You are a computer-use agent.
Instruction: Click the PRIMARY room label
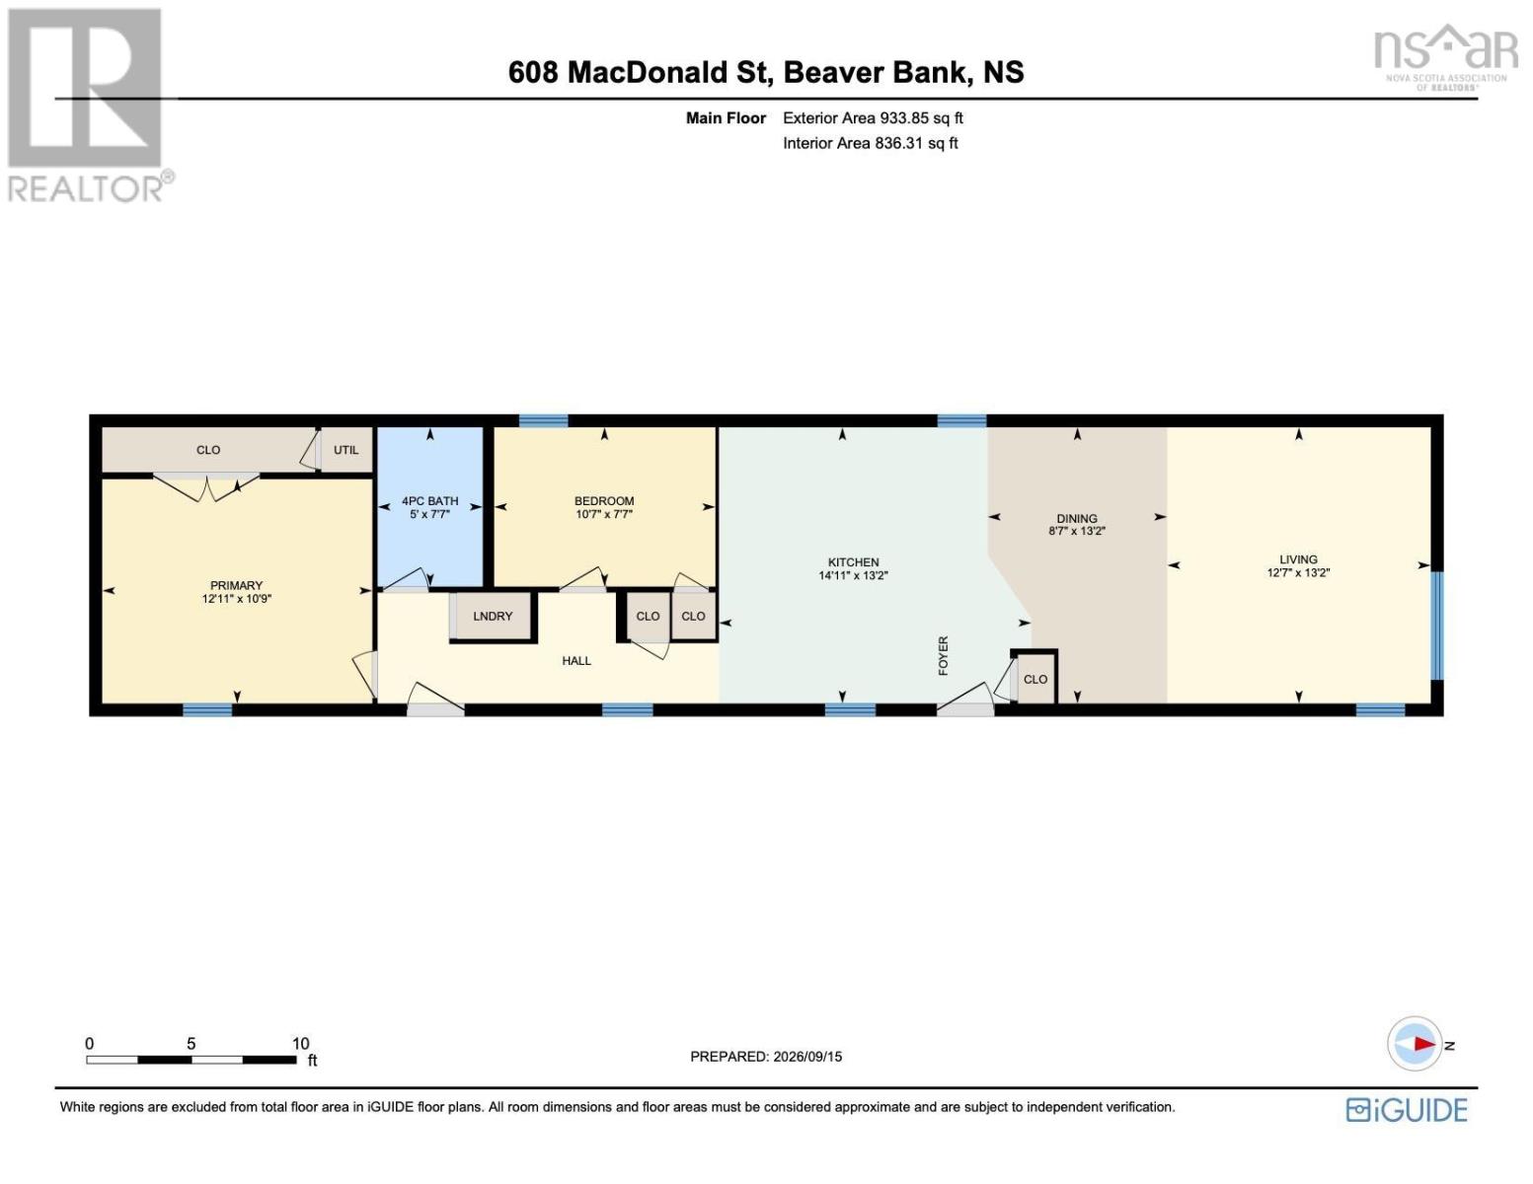tap(236, 585)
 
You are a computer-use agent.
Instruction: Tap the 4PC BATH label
tap(429, 500)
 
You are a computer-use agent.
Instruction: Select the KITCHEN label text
tap(853, 562)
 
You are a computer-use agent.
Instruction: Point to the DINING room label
tap(1077, 518)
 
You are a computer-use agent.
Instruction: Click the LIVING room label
tap(1298, 559)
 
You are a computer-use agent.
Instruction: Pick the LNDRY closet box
tap(493, 617)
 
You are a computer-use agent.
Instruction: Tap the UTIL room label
tap(345, 450)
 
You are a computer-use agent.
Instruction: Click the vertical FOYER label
tap(944, 656)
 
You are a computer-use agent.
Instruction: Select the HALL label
tap(576, 661)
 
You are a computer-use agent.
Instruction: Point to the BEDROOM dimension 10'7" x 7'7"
tap(604, 514)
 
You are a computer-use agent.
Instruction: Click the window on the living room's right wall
tap(1437, 626)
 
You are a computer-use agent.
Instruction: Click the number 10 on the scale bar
tap(300, 1044)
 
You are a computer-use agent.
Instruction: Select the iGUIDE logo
tap(1407, 1110)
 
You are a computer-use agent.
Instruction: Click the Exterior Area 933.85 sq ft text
tap(873, 117)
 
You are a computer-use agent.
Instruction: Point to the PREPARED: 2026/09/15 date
tap(766, 1057)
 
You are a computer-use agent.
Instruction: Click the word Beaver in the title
tap(830, 72)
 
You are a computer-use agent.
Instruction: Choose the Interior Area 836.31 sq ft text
tap(871, 143)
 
